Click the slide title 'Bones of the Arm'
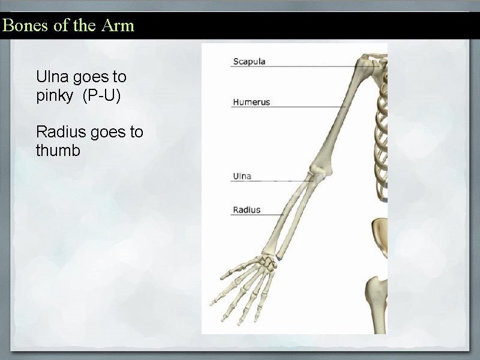68,26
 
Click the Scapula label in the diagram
249,61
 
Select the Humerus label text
251,101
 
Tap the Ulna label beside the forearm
242,176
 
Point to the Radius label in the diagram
247,209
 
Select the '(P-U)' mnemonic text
101,95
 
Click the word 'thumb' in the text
58,151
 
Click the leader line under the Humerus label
288,107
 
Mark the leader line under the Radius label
258,215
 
